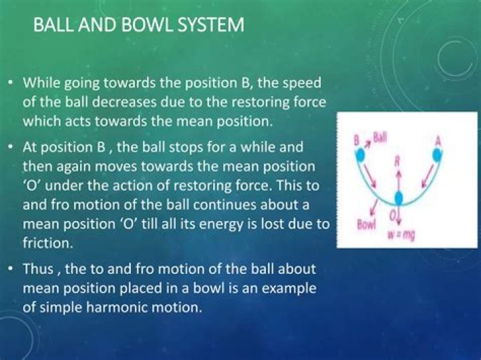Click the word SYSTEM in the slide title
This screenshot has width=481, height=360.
[x=210, y=25]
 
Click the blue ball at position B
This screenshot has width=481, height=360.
[x=360, y=156]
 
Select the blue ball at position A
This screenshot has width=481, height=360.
[x=437, y=155]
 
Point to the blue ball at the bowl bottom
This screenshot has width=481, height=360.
[x=398, y=197]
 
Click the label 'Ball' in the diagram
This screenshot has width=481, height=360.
[x=380, y=138]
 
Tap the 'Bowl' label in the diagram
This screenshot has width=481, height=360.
[x=366, y=225]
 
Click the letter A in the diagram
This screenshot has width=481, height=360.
[x=438, y=142]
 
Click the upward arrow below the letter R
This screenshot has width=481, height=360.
[x=398, y=180]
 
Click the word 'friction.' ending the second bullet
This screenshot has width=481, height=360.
[x=48, y=243]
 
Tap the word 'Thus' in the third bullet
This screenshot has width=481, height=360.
[x=38, y=269]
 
